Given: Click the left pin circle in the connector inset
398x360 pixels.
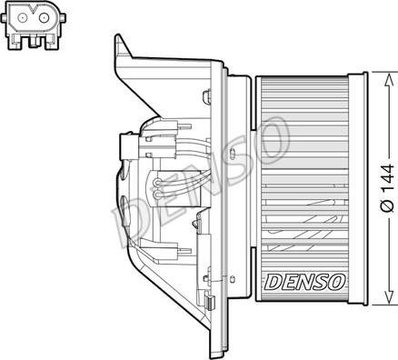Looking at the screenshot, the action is pos(23,17).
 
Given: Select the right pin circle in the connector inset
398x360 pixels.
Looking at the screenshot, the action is pos(44,17).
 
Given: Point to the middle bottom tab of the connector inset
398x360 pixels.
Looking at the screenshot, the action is pos(33,42).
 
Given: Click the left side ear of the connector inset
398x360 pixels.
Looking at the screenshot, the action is pos(4,17).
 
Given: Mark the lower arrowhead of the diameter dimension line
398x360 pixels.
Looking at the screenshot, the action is pos(388,296).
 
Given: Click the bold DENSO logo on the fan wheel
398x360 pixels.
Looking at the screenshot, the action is pos(304,282).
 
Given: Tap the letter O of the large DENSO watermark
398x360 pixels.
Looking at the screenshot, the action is pos(270,141).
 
